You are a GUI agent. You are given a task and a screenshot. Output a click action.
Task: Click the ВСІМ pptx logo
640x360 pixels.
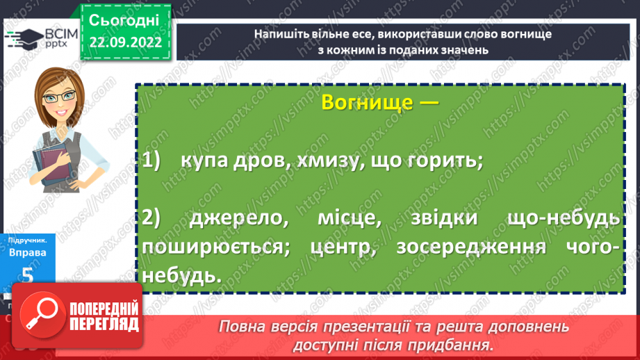click(x=41, y=38)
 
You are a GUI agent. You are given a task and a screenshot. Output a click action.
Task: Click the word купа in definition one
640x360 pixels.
click(x=205, y=161)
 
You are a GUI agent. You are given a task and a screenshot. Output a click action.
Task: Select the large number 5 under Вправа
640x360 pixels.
click(x=27, y=275)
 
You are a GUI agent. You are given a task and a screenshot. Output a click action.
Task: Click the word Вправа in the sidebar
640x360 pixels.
click(x=28, y=252)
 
